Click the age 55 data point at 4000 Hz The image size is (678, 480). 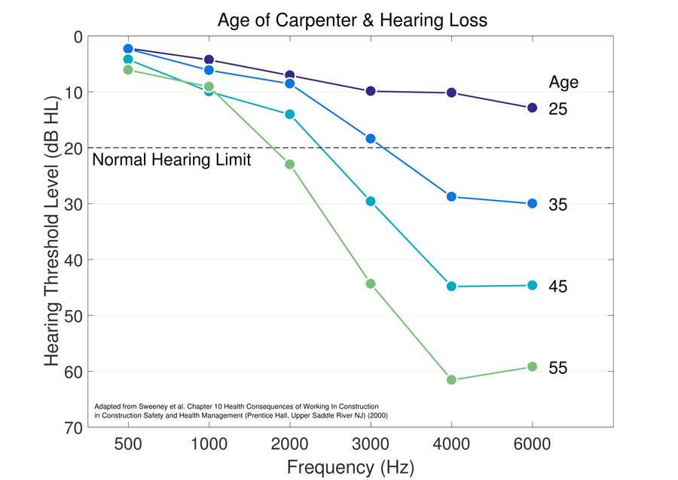pos(451,379)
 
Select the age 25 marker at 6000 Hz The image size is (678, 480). pos(532,108)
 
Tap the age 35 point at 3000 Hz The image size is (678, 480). pos(370,138)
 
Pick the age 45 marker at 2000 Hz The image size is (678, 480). pos(289,114)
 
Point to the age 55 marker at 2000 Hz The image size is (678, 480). pos(289,164)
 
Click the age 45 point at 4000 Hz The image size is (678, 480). pos(451,286)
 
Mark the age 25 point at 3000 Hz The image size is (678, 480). pos(370,91)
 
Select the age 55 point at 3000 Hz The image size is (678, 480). pos(370,284)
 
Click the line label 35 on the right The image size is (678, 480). pos(557,205)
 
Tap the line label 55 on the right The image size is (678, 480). pos(557,368)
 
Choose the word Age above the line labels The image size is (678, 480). pos(563,82)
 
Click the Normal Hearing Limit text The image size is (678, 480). pos(171,159)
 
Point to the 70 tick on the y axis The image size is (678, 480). pos(72,427)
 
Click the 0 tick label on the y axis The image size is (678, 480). pos(78,36)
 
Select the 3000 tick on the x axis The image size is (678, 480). pos(370,444)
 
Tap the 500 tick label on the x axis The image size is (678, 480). pos(127,444)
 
